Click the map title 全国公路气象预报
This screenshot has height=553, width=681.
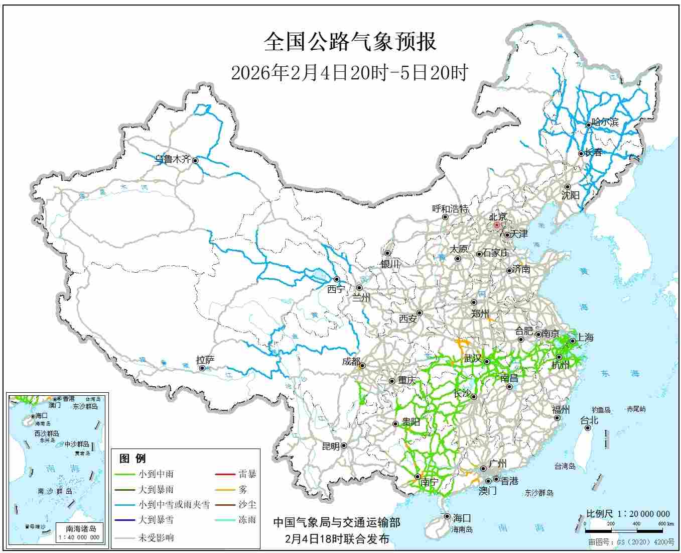pos(350,42)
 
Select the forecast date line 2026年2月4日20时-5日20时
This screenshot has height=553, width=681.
pos(349,73)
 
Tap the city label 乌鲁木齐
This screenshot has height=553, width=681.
pos(172,159)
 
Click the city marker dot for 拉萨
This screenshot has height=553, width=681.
pos(202,368)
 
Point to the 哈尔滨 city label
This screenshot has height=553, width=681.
pos(605,122)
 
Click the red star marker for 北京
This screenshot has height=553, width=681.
pos(497,226)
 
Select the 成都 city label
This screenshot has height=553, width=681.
pos(351,361)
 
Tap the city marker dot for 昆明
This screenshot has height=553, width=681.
pos(344,446)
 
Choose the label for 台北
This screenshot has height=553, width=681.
pos(589,420)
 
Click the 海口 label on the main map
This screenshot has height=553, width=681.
pos(462,518)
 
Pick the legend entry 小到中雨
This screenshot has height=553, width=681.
pos(156,474)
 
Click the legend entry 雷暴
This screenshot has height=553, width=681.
pos(247,474)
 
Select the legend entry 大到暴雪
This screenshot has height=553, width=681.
pos(156,520)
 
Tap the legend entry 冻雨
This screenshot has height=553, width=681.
pos(247,520)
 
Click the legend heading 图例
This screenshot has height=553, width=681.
pos(132,458)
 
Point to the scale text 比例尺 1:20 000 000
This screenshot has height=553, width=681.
pos(628,514)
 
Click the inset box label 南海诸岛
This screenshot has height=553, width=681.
pos(81,528)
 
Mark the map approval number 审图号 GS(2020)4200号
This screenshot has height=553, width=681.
pos(631,542)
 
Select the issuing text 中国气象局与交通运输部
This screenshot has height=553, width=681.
pos(336,523)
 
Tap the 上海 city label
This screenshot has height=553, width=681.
pos(585,338)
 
